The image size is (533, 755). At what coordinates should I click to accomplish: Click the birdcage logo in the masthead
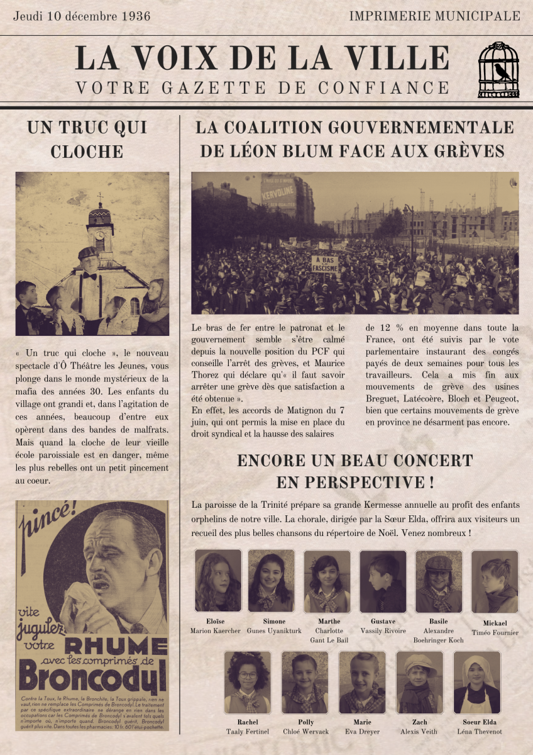point(498,70)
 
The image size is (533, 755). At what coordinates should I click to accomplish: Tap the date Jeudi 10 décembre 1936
point(82,16)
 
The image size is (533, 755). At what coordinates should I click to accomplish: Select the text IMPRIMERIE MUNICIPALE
point(434,16)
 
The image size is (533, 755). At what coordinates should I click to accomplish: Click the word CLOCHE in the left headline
point(87,152)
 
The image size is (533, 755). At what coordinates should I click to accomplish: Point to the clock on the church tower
point(99,235)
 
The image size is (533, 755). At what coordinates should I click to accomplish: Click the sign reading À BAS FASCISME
point(324,264)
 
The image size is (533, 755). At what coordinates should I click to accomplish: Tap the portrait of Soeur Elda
point(477,682)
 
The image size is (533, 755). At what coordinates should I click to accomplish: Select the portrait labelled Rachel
point(248,682)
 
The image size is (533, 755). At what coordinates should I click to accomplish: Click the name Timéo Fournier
point(495,633)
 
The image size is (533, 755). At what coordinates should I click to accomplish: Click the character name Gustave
point(383,622)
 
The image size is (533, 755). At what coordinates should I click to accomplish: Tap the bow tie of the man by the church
point(90,276)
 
